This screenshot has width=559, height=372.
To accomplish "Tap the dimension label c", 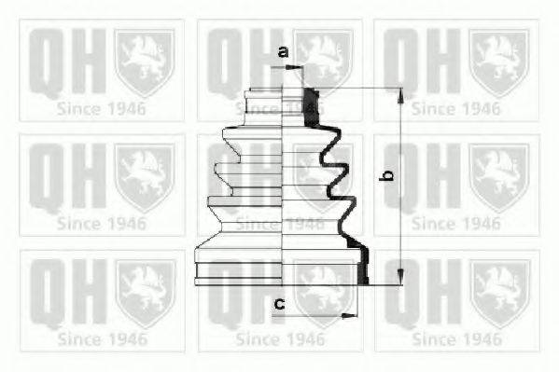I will (x=277, y=303).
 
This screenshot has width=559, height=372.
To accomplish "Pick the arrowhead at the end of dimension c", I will (x=353, y=315).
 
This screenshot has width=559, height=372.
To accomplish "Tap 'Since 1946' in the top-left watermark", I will (x=101, y=107).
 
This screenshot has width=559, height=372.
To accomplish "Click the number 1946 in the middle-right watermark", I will (x=479, y=223).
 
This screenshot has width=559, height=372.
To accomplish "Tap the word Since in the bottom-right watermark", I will (x=434, y=338).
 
